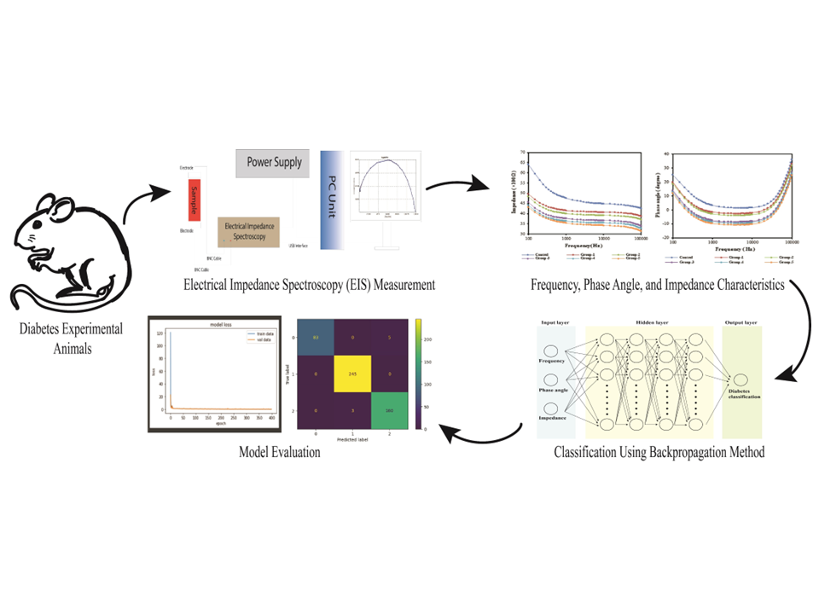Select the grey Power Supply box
pyautogui.click(x=274, y=162)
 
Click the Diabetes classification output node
pyautogui.click(x=741, y=380)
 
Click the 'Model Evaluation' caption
pyautogui.click(x=280, y=453)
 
